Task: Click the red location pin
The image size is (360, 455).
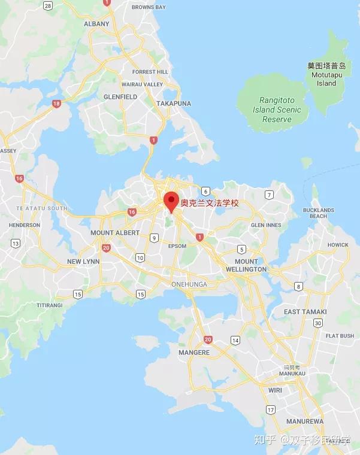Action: pos(172,201)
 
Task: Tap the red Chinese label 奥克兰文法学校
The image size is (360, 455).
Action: pos(210,204)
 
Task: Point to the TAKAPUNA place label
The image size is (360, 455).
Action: pos(174,104)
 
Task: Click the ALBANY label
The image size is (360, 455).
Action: pos(96,24)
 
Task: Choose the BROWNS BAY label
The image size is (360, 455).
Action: pos(149,7)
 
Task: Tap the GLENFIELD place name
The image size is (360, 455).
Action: pos(120,96)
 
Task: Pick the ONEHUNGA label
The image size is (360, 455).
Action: pos(189,284)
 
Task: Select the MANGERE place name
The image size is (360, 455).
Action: pos(194,353)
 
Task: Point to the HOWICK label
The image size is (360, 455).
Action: pos(338,245)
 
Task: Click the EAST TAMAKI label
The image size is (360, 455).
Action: pos(305,312)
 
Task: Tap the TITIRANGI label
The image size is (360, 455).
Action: pos(49,305)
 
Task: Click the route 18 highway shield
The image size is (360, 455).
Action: pos(56,104)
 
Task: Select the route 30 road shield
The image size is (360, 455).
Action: pos(318,323)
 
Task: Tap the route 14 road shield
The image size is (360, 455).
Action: pos(235,340)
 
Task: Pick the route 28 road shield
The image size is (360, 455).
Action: pos(48,5)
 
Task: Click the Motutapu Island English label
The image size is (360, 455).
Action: pos(326,80)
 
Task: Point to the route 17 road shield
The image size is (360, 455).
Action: pos(271,409)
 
